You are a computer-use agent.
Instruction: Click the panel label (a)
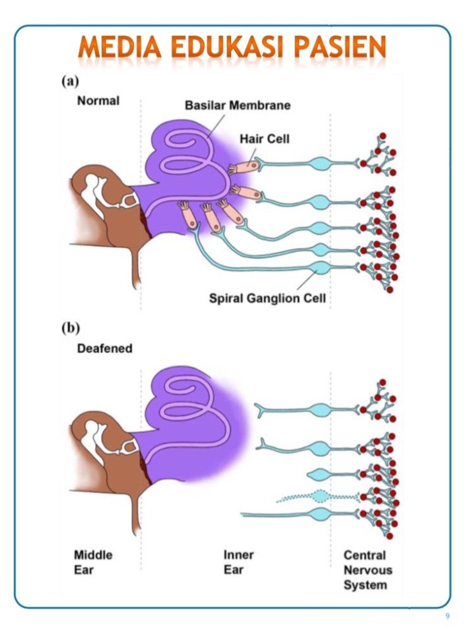70,81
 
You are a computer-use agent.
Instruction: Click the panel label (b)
71,328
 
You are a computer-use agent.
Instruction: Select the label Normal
98,101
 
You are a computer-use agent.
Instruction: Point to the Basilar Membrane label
237,106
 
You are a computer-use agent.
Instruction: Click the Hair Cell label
264,138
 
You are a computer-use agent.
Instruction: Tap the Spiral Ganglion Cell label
268,298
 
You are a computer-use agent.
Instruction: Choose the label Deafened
104,348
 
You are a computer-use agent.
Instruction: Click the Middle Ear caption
93,562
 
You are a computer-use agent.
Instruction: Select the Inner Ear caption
239,562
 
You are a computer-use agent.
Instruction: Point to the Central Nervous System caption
367,570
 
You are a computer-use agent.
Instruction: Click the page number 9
447,616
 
